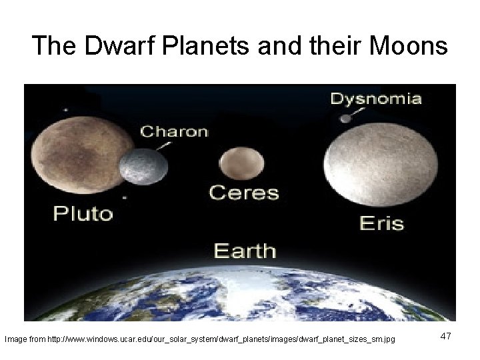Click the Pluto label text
[83, 213]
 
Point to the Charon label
[173, 131]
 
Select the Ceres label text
[244, 193]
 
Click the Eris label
[381, 222]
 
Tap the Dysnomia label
[376, 99]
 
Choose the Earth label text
[244, 251]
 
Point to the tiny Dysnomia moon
[345, 119]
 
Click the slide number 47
[445, 337]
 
